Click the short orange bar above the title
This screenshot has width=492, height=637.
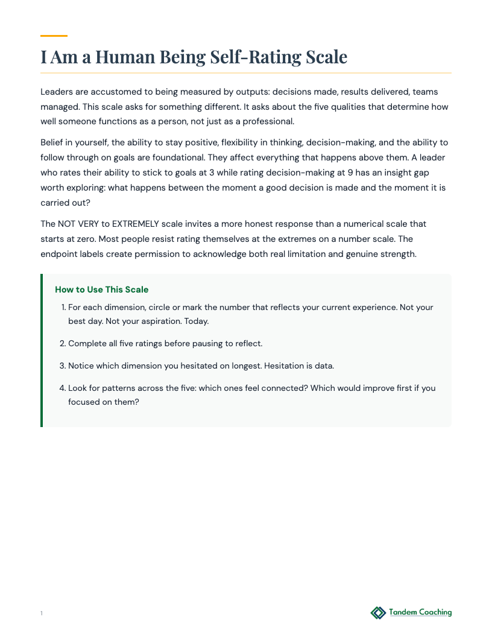pos(54,36)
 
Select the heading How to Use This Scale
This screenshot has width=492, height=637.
pos(101,290)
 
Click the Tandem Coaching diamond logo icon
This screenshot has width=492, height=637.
pos(378,613)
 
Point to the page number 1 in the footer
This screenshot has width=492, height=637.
pos(42,613)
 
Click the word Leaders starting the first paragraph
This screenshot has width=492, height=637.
pos(58,92)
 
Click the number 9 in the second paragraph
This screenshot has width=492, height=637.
pos(350,173)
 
